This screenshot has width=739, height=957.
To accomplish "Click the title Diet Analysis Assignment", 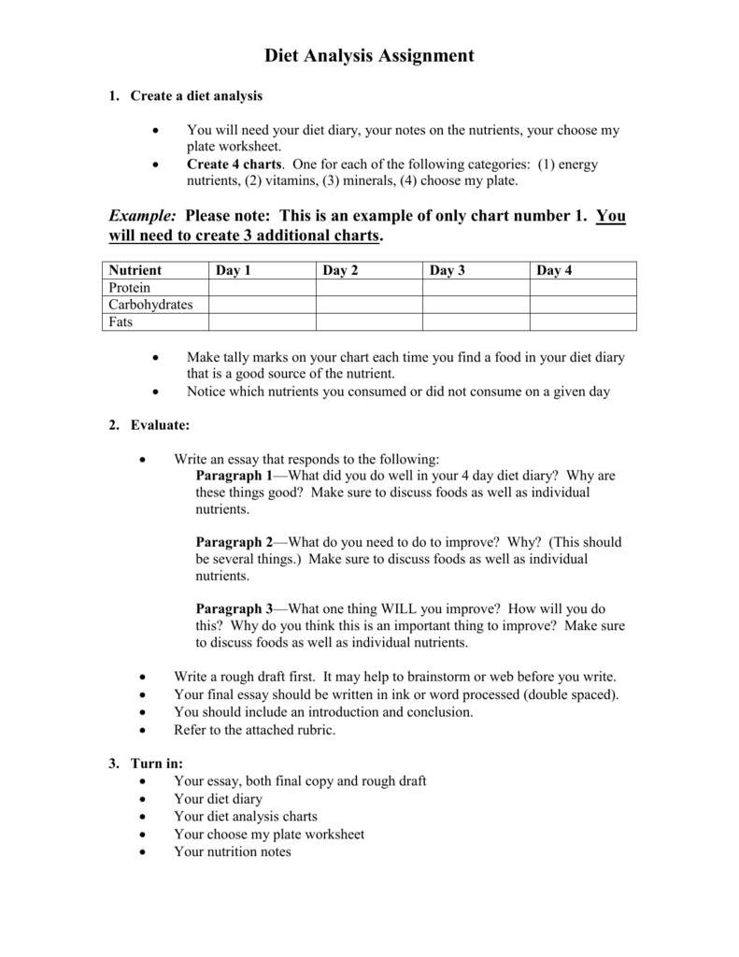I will pos(369,56).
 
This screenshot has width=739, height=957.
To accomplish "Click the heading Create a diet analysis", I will pos(196,95).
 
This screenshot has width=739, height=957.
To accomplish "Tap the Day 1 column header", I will pos(234,270).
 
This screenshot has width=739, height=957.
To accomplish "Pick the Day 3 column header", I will pos(448,270).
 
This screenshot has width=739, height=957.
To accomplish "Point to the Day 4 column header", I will pos(554,270).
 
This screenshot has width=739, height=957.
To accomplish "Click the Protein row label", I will pos(129,288).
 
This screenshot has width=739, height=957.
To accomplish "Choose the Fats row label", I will pos(121,321).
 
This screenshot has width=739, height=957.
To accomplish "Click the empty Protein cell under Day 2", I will pos(369,288).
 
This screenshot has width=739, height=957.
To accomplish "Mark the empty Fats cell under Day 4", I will pos(583,321).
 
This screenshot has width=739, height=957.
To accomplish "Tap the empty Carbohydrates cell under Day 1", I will pos(262,305).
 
